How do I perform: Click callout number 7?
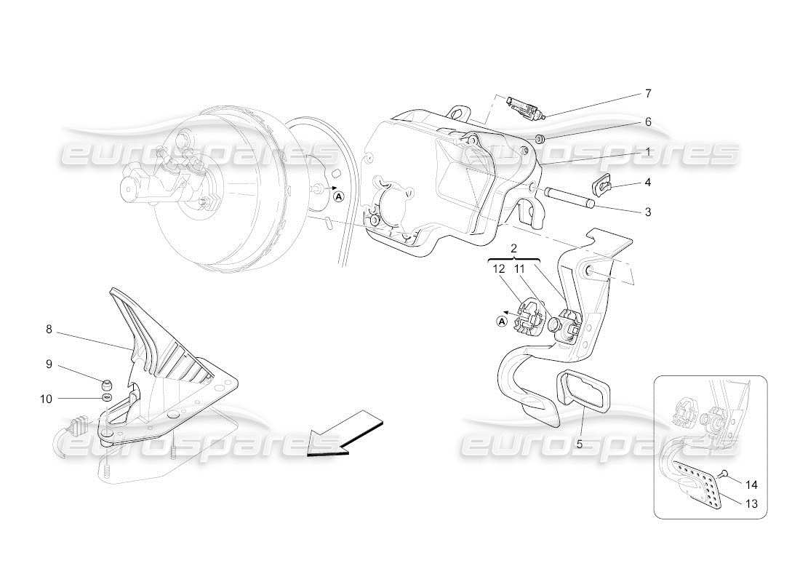(648, 94)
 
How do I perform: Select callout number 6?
(648, 122)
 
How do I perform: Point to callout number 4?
(648, 183)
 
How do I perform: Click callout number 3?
(648, 212)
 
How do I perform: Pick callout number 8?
(49, 330)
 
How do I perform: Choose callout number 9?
(49, 364)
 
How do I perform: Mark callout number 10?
(46, 398)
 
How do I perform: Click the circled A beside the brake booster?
(338, 194)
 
